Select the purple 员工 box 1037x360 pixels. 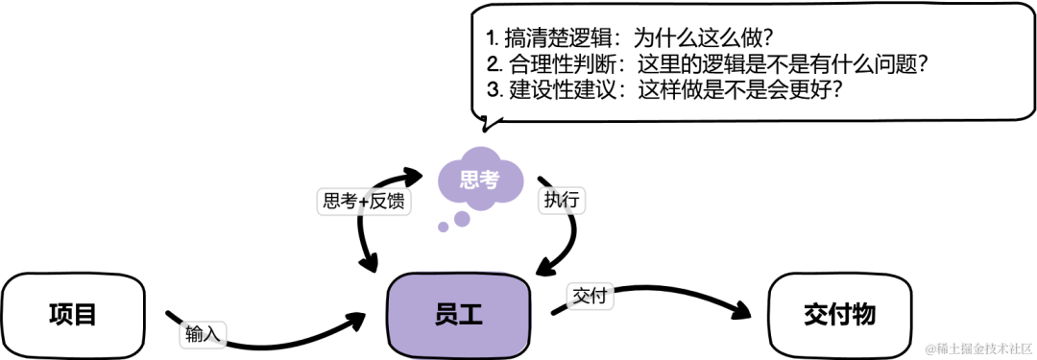(x=458, y=313)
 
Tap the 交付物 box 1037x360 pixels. (x=840, y=313)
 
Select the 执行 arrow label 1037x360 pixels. (x=564, y=199)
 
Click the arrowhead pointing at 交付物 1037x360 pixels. (x=738, y=310)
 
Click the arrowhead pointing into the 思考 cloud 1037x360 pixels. (x=414, y=176)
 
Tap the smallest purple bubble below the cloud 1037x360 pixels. (x=443, y=228)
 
